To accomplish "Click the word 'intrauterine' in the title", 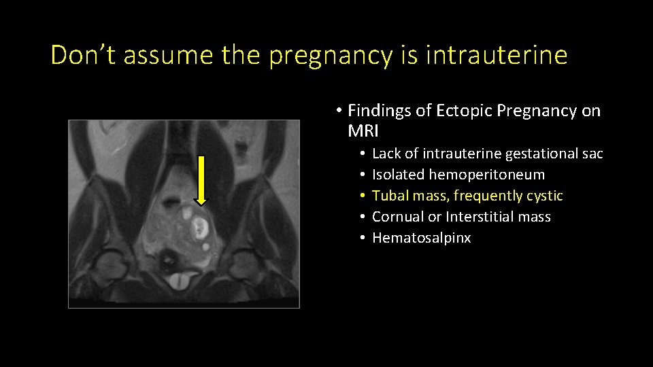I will coord(496,55).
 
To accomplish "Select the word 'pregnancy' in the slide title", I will coord(331,55).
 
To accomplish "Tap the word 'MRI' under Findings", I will coord(363,130).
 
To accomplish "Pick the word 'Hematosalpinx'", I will coord(422,238).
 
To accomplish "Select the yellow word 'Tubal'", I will coord(389,196).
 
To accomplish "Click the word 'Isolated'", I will coord(399,175).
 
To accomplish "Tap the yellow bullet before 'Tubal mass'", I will coord(365,196).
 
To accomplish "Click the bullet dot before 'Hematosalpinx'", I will coord(365,239).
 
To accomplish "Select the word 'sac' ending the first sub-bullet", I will coord(592,154).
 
